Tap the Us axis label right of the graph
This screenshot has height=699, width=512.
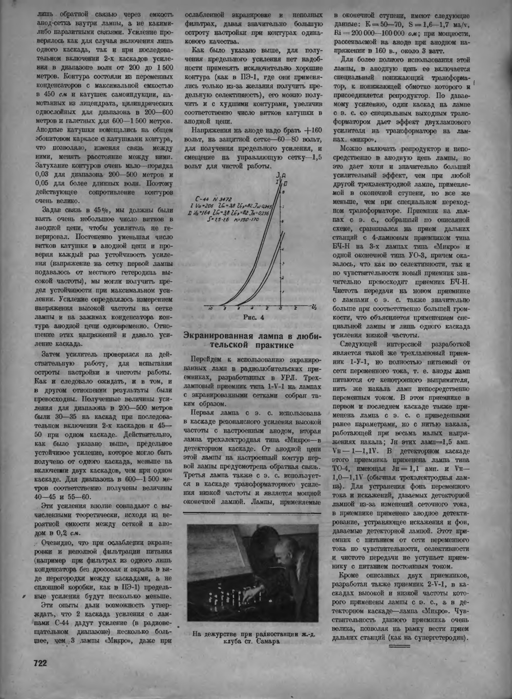(313, 307)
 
